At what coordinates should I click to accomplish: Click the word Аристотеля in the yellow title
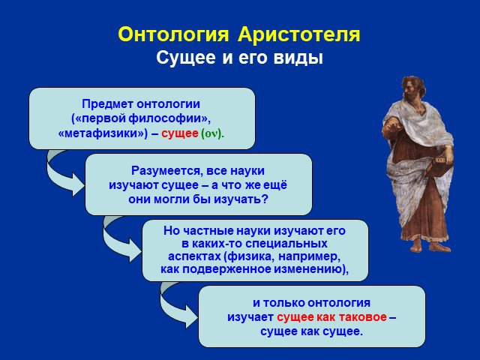(x=298, y=35)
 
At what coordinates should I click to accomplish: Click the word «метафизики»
(x=103, y=133)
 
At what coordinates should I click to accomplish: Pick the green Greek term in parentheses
(x=212, y=133)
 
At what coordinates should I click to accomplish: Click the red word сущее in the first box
(x=180, y=133)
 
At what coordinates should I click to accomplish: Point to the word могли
(x=169, y=199)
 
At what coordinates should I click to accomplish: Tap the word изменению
(x=310, y=269)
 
